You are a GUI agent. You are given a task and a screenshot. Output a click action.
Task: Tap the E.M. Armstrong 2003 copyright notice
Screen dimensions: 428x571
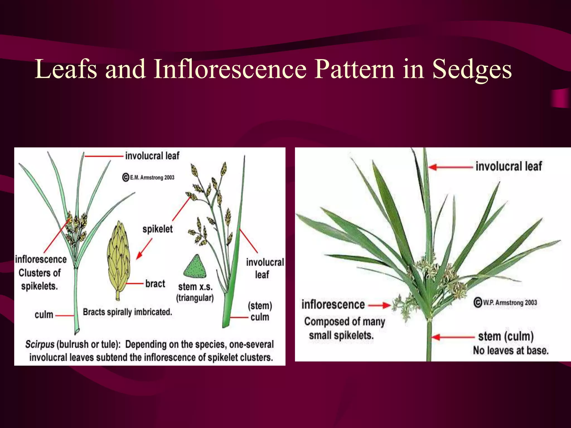pos(149,177)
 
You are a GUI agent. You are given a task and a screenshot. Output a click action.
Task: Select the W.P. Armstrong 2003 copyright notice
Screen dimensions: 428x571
pos(505,303)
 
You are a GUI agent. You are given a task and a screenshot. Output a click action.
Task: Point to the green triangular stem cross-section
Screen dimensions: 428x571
pos(195,267)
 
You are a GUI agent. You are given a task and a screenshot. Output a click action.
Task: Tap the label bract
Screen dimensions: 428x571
pos(155,284)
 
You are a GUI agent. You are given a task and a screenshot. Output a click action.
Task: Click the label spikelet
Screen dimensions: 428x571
pos(158,229)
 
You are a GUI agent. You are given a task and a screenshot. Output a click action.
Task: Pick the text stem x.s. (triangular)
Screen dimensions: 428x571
pos(195,292)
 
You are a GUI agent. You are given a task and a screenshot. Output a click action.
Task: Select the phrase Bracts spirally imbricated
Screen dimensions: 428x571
pos(127,312)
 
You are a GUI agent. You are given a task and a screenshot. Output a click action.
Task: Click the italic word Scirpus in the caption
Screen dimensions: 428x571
pos(40,344)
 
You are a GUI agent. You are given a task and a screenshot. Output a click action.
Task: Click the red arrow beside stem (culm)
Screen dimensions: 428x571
pos(452,337)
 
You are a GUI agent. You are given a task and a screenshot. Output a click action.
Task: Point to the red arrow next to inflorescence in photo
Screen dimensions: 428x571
pos(379,305)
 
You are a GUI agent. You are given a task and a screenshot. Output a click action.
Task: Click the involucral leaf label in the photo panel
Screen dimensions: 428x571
pos(509,166)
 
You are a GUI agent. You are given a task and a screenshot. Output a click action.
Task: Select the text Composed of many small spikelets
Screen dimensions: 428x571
pos(344,328)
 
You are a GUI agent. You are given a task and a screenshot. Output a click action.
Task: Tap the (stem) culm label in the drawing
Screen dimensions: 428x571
pos(260,311)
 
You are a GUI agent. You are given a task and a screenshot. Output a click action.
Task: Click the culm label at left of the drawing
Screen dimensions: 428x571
pos(44,315)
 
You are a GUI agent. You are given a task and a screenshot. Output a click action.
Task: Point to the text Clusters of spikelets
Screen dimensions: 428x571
pos(39,279)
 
